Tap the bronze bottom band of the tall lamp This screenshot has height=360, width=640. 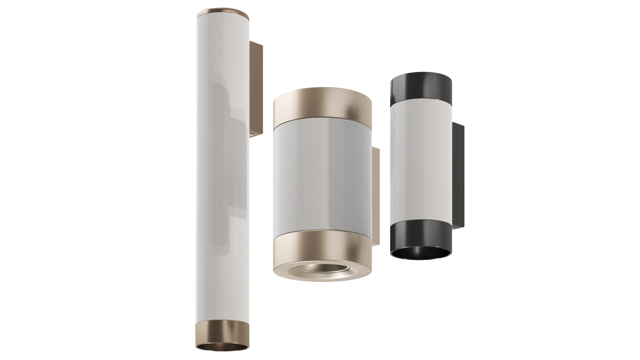click(222, 333)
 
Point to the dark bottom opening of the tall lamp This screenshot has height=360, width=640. click(222, 348)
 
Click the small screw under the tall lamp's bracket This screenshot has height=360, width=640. click(251, 135)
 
